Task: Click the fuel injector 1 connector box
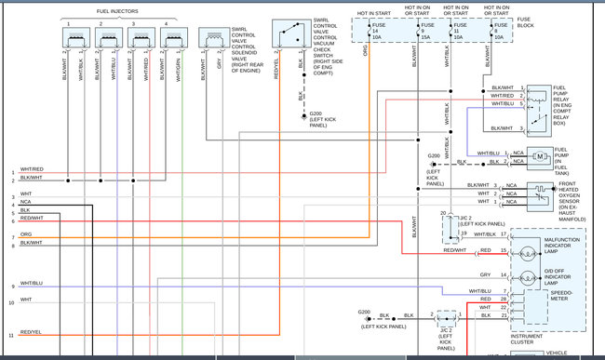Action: pos(74,39)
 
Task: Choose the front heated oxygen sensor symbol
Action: pos(540,193)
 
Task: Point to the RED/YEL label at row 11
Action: pos(31,332)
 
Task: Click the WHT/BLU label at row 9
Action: pos(31,284)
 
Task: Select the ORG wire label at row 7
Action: pos(26,235)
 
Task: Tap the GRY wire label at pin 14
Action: pos(485,275)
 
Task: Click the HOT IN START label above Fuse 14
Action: pos(374,14)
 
